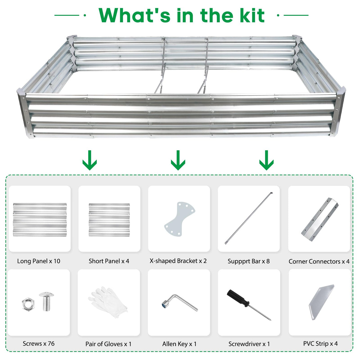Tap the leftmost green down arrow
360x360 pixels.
click(x=90, y=160)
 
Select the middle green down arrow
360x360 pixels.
click(x=178, y=160)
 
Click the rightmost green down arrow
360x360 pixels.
click(x=266, y=160)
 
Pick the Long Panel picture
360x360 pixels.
click(x=40, y=220)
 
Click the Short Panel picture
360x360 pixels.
click(x=109, y=220)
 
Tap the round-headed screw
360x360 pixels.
click(x=47, y=301)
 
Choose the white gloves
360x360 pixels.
click(x=108, y=302)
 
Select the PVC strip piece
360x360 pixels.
click(x=321, y=302)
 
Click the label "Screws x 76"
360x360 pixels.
click(x=39, y=344)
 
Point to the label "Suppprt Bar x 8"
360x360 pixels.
click(x=249, y=261)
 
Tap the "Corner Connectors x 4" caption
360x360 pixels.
click(x=319, y=262)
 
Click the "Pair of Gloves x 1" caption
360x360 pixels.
click(x=108, y=344)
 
